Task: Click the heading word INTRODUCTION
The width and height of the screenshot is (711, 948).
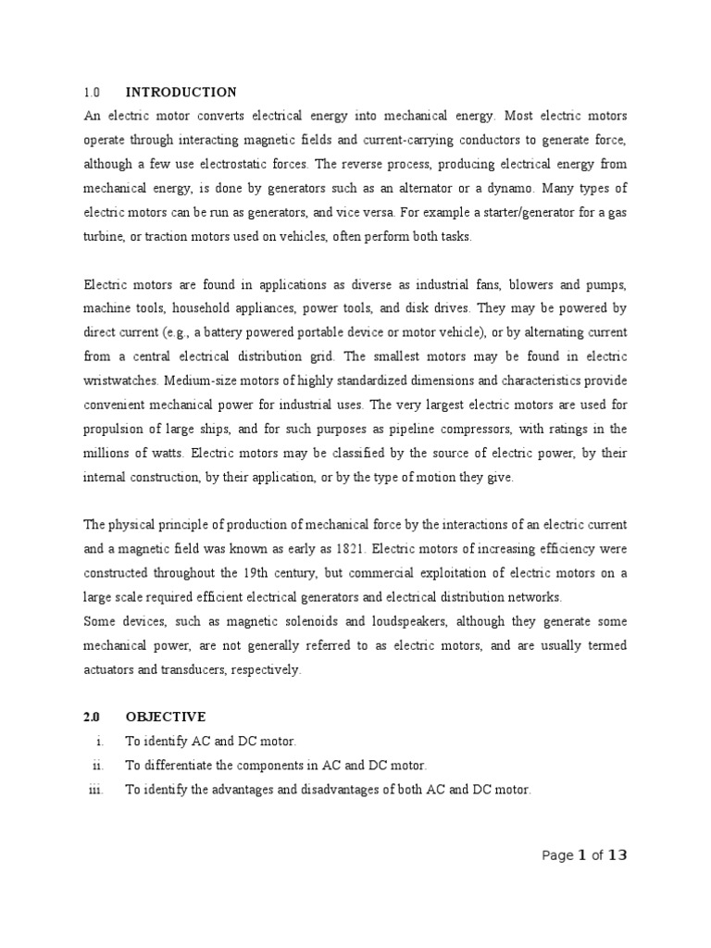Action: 181,93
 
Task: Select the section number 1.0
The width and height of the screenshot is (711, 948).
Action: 91,93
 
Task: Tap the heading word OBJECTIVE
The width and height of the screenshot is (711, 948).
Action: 166,717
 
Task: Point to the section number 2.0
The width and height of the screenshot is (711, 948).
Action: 91,717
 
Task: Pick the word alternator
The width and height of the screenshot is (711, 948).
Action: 418,188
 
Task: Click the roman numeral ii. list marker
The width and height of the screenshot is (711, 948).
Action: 96,766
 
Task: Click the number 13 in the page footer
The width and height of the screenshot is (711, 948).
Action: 617,855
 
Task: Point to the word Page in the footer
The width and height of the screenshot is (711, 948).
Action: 557,856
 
